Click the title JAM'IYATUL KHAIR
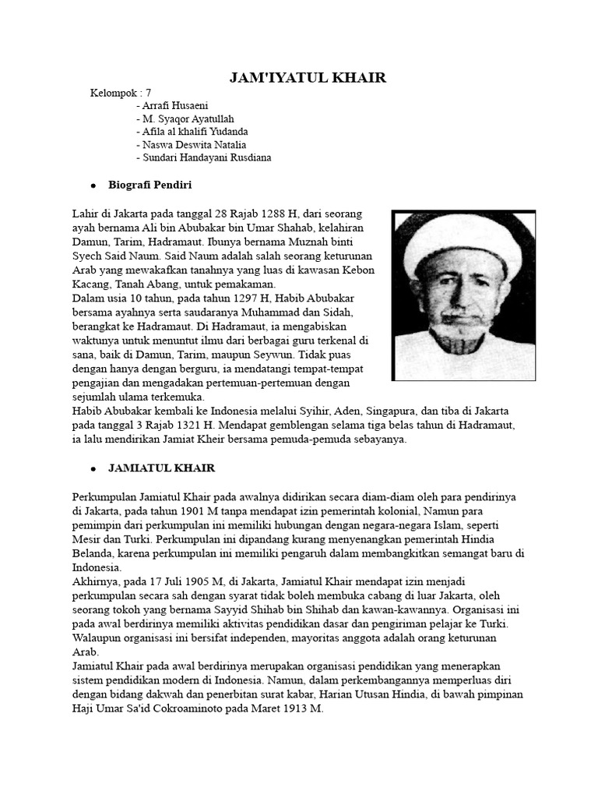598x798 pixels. (x=308, y=78)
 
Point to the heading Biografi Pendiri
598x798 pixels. (x=150, y=185)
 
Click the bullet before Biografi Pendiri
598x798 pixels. (x=93, y=185)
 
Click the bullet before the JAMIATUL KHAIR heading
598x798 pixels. (x=93, y=469)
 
